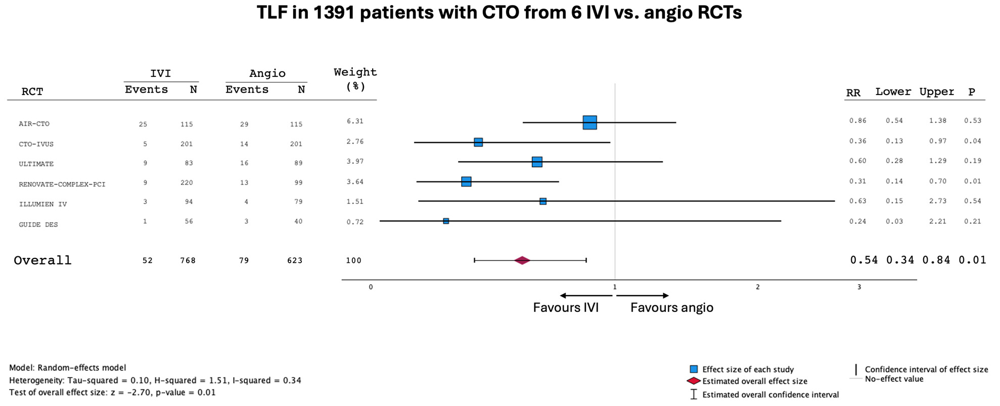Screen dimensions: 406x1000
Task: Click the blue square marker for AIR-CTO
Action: pyautogui.click(x=589, y=122)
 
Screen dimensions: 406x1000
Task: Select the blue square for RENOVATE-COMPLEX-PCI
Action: pyautogui.click(x=466, y=182)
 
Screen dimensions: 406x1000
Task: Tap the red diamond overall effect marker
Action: pyautogui.click(x=522, y=260)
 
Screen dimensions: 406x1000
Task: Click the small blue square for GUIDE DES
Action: pyautogui.click(x=446, y=221)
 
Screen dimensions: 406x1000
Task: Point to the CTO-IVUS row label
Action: pyautogui.click(x=36, y=144)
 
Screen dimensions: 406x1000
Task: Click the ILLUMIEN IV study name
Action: pyautogui.click(x=42, y=204)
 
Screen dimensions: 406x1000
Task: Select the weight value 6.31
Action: pyautogui.click(x=355, y=121)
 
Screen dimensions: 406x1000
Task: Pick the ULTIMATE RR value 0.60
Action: pyautogui.click(x=857, y=161)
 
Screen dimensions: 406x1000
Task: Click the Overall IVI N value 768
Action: pyautogui.click(x=188, y=260)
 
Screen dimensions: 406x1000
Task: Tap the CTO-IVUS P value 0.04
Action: pyautogui.click(x=972, y=141)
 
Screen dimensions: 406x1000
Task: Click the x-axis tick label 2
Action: pyautogui.click(x=757, y=287)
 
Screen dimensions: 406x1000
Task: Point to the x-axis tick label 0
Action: pyautogui.click(x=371, y=287)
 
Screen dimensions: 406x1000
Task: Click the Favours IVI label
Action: pyautogui.click(x=566, y=307)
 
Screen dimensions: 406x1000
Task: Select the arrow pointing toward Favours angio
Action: pyautogui.click(x=643, y=295)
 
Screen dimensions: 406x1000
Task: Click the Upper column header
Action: pyautogui.click(x=936, y=92)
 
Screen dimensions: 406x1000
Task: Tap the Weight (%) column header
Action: pyautogui.click(x=355, y=79)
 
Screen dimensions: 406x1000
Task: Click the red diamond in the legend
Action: pyautogui.click(x=694, y=381)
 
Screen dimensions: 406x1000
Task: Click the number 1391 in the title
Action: pyautogui.click(x=334, y=12)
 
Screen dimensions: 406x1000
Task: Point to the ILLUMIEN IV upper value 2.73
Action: pyautogui.click(x=937, y=201)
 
